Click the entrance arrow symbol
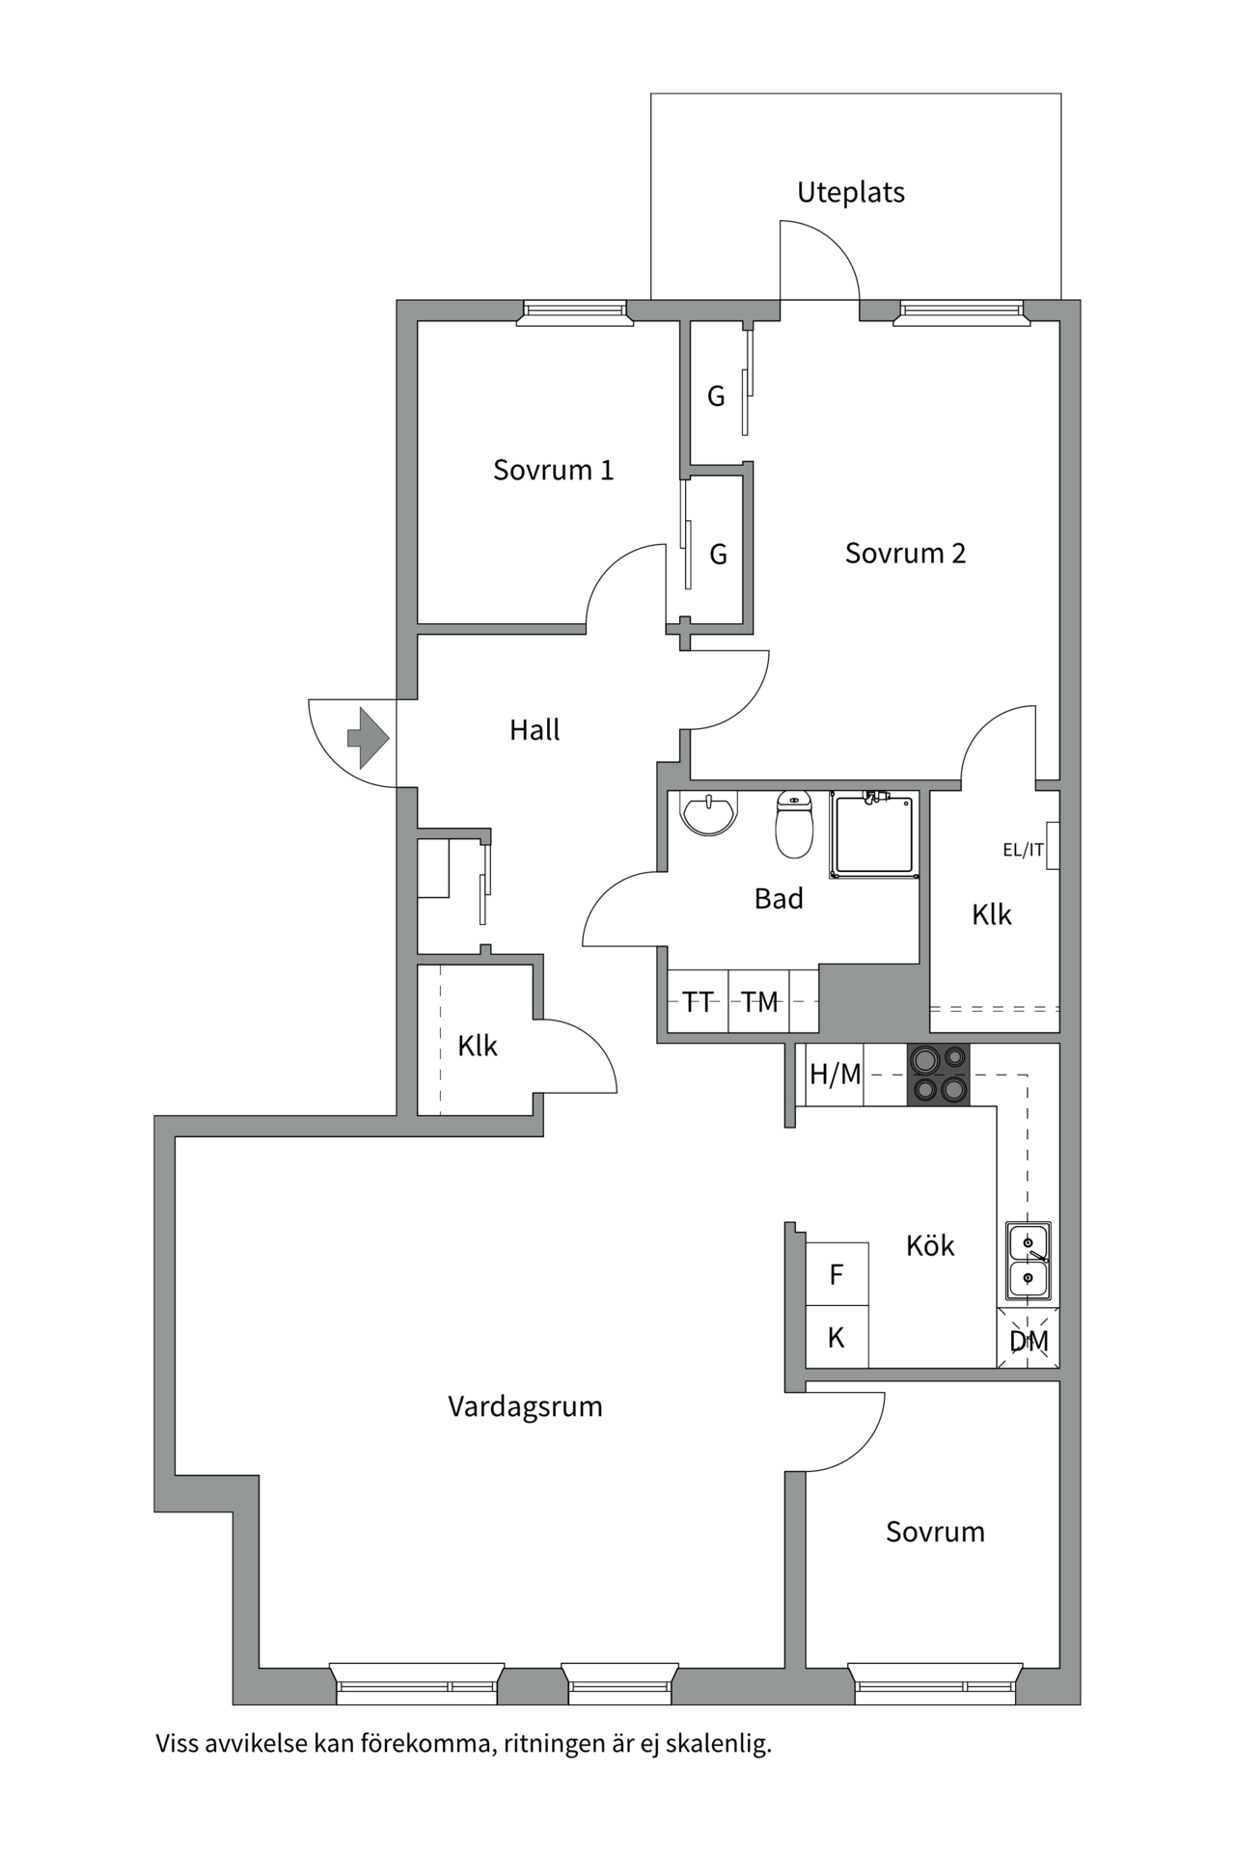click(367, 738)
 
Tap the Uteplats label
click(850, 193)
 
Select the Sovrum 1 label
click(553, 470)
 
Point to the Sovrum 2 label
click(905, 553)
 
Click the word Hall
click(535, 730)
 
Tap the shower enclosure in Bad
click(874, 834)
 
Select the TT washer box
click(698, 1002)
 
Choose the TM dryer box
click(759, 1002)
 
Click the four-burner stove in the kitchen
click(939, 1075)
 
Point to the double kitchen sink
click(1029, 1260)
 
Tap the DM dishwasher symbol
click(1029, 1340)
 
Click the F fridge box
click(837, 1274)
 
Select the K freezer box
click(837, 1337)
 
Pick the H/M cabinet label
click(835, 1074)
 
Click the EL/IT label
click(1023, 850)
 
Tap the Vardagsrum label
click(525, 1406)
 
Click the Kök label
click(930, 1245)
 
